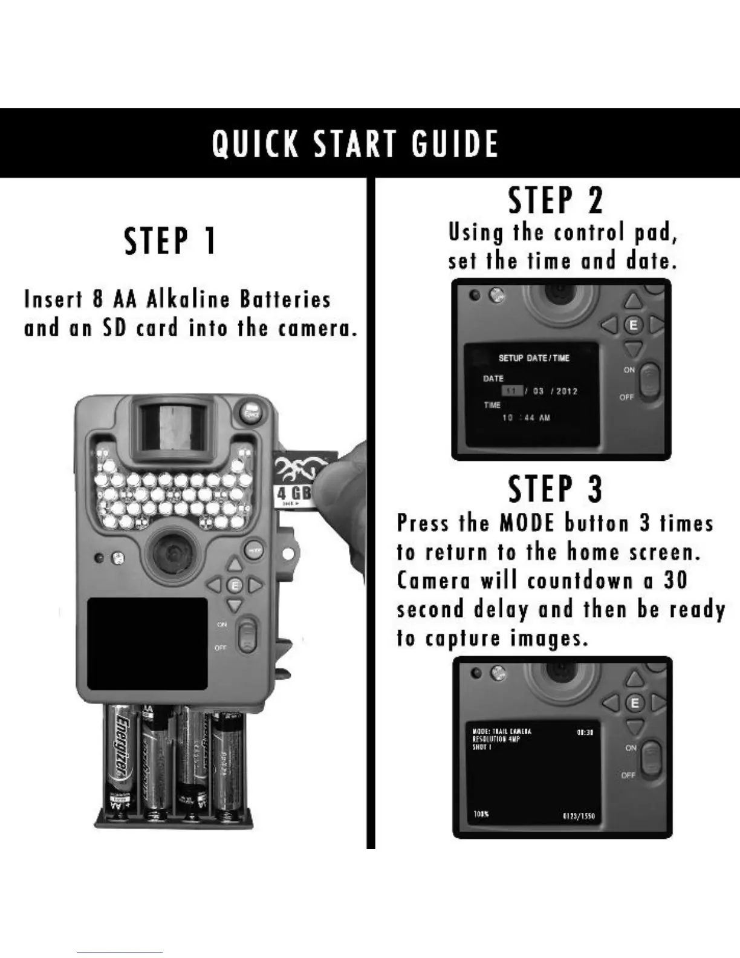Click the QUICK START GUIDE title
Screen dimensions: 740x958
(355, 144)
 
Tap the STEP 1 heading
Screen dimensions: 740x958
(170, 240)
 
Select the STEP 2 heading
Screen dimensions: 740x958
(556, 201)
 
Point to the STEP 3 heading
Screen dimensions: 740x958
(556, 489)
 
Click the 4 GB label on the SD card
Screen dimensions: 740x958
(294, 493)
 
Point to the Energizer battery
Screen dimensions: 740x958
(122, 756)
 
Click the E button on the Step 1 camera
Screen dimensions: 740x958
(235, 585)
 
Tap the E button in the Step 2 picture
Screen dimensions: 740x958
(633, 325)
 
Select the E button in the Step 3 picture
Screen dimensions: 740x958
(634, 703)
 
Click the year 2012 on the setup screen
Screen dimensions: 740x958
(567, 391)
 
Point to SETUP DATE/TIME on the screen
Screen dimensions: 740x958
(534, 358)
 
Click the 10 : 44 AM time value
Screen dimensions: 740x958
(526, 418)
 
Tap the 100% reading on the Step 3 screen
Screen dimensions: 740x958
(481, 815)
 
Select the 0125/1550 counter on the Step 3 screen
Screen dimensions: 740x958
(579, 816)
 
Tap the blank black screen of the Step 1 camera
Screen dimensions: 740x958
(148, 644)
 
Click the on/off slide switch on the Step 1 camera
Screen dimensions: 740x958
(247, 636)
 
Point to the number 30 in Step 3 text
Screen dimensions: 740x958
(675, 580)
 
